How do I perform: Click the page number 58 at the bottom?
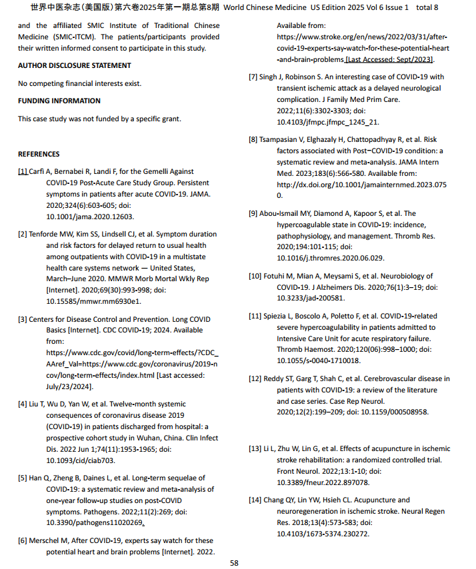coord(234,563)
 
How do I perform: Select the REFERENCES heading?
coord(39,154)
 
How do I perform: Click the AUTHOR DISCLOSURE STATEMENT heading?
coord(74,65)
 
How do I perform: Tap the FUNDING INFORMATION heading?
coord(59,101)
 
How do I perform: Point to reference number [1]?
coord(23,171)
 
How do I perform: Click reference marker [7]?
coord(253,77)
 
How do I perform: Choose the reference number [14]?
coord(255,500)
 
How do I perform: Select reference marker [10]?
coord(255,276)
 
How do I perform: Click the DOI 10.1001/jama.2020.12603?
coord(90,217)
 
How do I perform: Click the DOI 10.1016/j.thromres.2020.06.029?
coord(330,258)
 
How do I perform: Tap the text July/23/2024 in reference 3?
coord(69,386)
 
